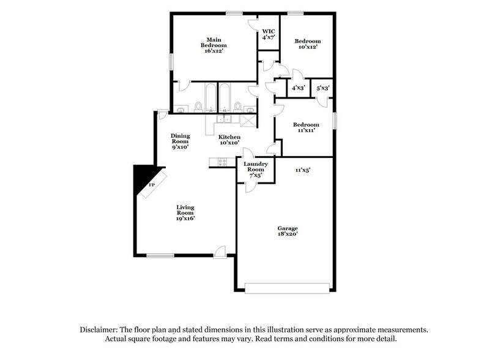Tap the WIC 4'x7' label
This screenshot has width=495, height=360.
pyautogui.click(x=269, y=34)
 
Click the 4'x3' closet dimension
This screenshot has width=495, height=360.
pyautogui.click(x=298, y=88)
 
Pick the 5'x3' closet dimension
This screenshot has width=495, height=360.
pyautogui.click(x=323, y=88)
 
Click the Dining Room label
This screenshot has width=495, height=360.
pyautogui.click(x=180, y=141)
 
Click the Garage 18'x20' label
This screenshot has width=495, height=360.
pyautogui.click(x=286, y=231)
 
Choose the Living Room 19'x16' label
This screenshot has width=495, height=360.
pyautogui.click(x=185, y=212)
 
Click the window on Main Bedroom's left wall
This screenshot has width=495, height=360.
pyautogui.click(x=171, y=62)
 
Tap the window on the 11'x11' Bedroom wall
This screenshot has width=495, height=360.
pyautogui.click(x=334, y=121)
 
